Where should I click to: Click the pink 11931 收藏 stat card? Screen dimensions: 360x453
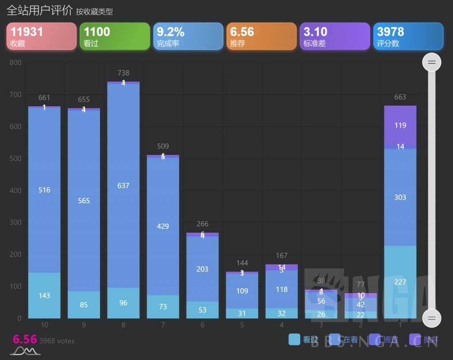pyautogui.click(x=42, y=36)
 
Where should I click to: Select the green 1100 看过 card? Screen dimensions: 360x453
pyautogui.click(x=115, y=36)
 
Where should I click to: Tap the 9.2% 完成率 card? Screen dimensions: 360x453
pyautogui.click(x=188, y=36)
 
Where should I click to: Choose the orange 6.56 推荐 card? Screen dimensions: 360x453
pyautogui.click(x=261, y=36)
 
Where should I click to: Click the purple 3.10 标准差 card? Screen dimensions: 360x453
pyautogui.click(x=334, y=36)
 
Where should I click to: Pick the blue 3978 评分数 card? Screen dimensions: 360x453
pyautogui.click(x=408, y=36)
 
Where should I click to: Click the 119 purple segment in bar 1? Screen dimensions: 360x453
pyautogui.click(x=400, y=125)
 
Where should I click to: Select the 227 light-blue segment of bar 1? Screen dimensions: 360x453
pyautogui.click(x=400, y=282)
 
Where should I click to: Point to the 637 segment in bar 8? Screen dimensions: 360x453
pyautogui.click(x=123, y=186)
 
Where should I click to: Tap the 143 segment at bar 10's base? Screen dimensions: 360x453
pyautogui.click(x=44, y=295)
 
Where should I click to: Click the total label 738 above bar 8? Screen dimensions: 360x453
pyautogui.click(x=123, y=73)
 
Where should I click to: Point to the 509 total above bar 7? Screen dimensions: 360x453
pyautogui.click(x=163, y=146)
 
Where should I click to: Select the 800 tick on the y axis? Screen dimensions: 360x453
pyautogui.click(x=15, y=62)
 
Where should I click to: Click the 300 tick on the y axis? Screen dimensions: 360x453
pyautogui.click(x=15, y=222)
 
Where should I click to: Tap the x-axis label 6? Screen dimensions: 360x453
pyautogui.click(x=202, y=325)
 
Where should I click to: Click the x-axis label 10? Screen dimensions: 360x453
pyautogui.click(x=44, y=325)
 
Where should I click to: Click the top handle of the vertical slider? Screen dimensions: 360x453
pyautogui.click(x=431, y=62)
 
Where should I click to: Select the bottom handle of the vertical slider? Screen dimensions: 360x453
pyautogui.click(x=431, y=318)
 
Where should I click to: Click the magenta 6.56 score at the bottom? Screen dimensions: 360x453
pyautogui.click(x=25, y=340)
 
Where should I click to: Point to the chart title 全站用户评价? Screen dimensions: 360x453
pyautogui.click(x=39, y=11)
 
